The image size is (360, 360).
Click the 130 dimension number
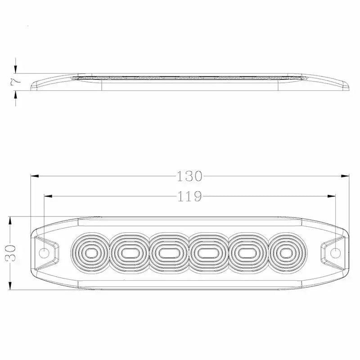189,176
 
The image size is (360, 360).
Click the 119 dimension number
189,196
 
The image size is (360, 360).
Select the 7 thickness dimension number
16,81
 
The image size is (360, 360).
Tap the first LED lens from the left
90,253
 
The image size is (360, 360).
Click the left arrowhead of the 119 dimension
48,196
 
